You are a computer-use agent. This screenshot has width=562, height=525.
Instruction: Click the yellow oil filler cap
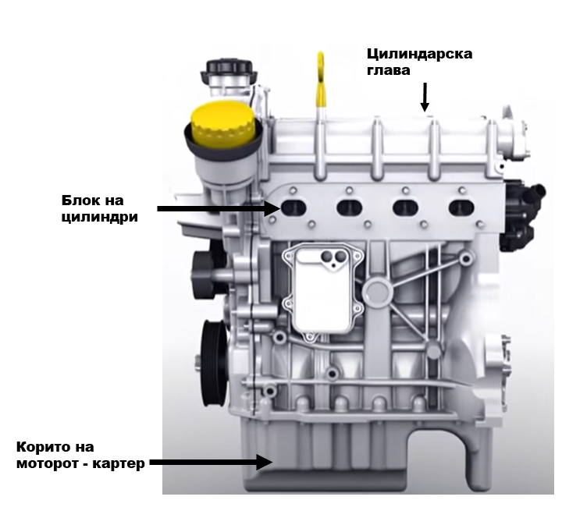click(222, 125)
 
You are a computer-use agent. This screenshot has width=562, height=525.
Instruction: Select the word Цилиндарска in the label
click(419, 55)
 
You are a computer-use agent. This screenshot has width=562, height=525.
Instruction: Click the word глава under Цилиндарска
click(389, 70)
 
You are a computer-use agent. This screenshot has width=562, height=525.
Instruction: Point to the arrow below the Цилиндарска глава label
click(425, 97)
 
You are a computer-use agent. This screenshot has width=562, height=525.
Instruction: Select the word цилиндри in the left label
click(99, 217)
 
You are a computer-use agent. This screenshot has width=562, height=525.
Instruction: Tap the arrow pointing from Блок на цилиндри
click(219, 208)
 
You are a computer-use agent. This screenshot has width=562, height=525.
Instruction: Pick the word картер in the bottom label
click(119, 463)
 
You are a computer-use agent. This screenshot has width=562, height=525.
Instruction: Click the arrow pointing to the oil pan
click(211, 462)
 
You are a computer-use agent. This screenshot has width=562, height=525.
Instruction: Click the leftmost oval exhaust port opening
click(294, 207)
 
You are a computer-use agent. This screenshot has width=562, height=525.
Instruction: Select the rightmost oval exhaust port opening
click(461, 208)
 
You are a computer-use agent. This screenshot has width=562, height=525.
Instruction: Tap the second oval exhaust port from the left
click(350, 208)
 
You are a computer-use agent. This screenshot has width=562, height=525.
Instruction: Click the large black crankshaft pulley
click(215, 363)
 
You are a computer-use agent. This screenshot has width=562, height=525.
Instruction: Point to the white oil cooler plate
click(322, 289)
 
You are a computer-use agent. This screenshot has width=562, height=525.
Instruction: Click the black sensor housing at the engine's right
click(522, 216)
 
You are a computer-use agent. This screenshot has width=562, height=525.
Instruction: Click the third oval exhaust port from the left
click(406, 208)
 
